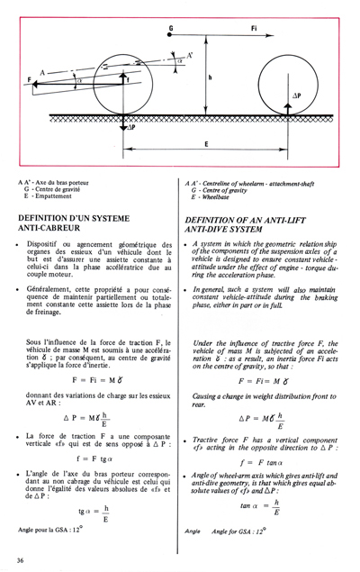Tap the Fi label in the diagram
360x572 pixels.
(255, 28)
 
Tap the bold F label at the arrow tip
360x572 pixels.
(30, 81)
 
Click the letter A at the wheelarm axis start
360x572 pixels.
(40, 69)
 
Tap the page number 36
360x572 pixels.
(20, 560)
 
